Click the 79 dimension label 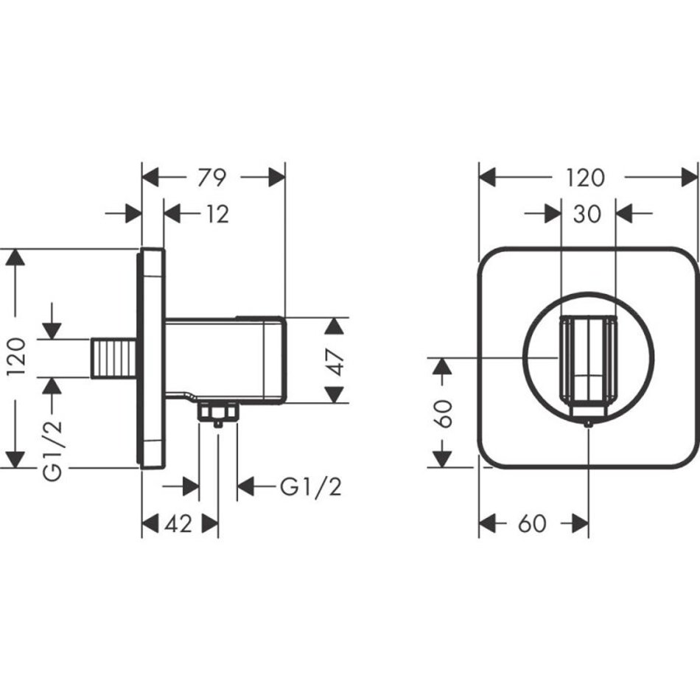(x=212, y=178)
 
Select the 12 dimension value (x=216, y=214)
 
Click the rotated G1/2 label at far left (x=52, y=441)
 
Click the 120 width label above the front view (x=587, y=178)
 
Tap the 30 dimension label (x=587, y=214)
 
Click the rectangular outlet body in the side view (x=225, y=360)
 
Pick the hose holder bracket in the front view (x=587, y=361)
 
